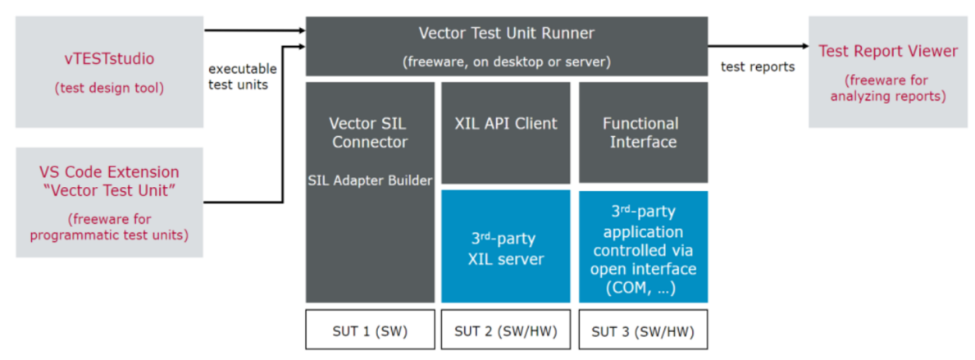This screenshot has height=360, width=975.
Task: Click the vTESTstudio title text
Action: click(110, 59)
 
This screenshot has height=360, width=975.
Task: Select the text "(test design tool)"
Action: click(110, 88)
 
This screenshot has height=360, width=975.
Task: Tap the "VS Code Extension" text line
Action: click(109, 172)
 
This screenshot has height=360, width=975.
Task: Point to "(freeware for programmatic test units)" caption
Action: click(109, 227)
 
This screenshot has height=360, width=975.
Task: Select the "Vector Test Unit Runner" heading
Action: click(506, 34)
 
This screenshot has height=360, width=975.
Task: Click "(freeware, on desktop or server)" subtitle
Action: click(506, 62)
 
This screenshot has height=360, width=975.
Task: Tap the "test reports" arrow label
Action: click(757, 67)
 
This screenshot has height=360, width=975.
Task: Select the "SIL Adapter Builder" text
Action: click(370, 180)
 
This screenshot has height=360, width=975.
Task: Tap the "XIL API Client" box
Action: click(506, 124)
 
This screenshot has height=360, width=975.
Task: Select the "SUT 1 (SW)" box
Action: click(370, 330)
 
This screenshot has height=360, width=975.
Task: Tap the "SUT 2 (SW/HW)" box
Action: click(506, 330)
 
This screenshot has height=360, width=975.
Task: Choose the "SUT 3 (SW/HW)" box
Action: click(643, 330)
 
